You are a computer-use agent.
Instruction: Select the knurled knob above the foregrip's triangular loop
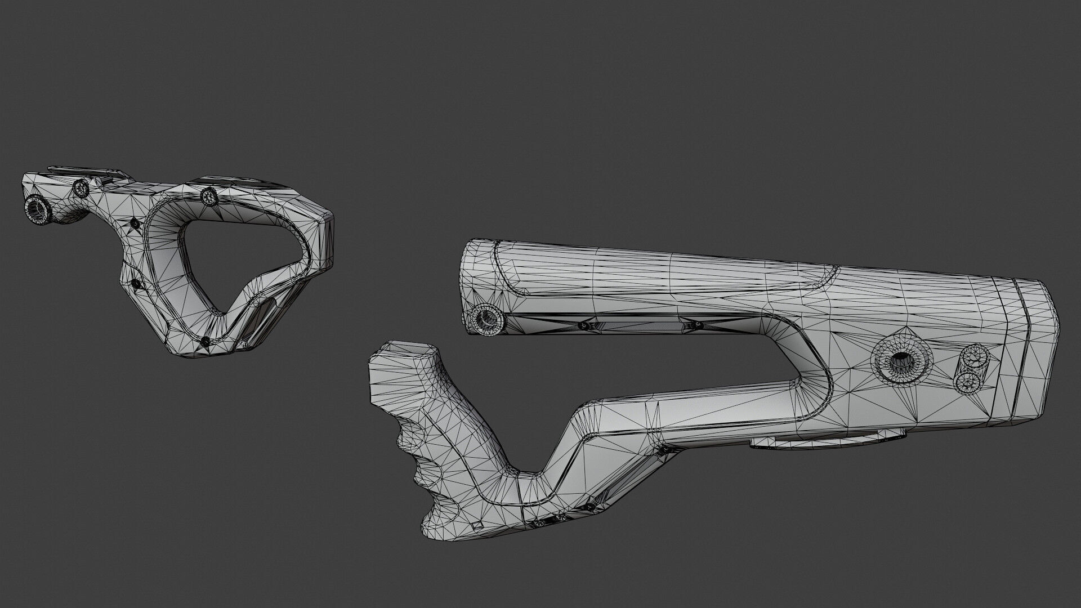point(209,196)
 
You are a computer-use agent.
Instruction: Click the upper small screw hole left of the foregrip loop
point(135,223)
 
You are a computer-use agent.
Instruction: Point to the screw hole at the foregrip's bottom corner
point(205,341)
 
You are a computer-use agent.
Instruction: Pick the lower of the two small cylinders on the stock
point(970,382)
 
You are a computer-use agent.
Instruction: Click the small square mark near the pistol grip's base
point(477,525)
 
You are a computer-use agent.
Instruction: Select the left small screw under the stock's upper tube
point(584,325)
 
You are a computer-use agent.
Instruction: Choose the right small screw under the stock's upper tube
point(698,325)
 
